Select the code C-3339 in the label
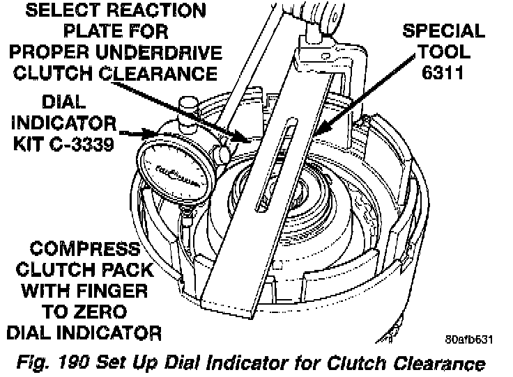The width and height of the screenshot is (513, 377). (x=90, y=145)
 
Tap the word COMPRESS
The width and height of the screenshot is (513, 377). (x=79, y=249)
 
